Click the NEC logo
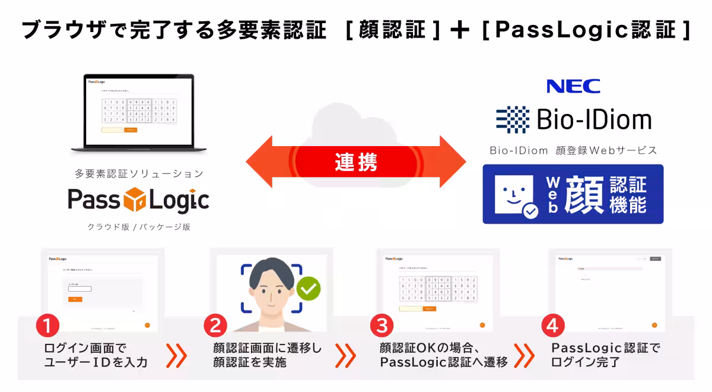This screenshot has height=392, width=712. point(573,87)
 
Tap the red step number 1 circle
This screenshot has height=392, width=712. point(47,325)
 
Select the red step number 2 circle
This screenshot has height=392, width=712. point(215,325)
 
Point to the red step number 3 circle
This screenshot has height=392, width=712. point(382,325)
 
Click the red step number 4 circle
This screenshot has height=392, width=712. point(553,325)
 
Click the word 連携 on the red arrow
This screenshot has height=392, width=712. point(356,162)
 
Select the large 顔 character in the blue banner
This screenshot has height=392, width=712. point(585,195)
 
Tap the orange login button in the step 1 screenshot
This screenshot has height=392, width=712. point(75,299)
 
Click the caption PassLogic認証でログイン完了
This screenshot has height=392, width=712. point(605,355)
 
